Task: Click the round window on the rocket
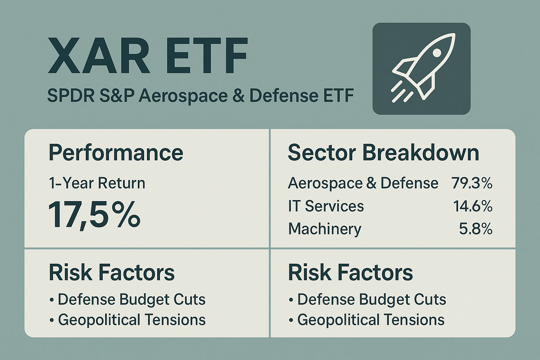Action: [x=437, y=52]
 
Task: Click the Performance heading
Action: [x=116, y=153]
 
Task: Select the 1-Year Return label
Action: [x=97, y=183]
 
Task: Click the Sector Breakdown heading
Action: [x=383, y=153]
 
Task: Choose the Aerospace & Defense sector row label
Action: [x=363, y=183]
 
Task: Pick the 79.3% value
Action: [x=472, y=183]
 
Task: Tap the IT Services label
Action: [x=326, y=206]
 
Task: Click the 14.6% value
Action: [x=472, y=206]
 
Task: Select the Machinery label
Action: [x=324, y=229]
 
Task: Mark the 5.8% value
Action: [x=475, y=229]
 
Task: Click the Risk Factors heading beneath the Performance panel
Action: [x=111, y=272]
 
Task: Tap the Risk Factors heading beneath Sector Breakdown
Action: [x=350, y=272]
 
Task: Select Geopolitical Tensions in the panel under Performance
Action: [x=131, y=320]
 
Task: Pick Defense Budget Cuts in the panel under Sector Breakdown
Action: [x=371, y=300]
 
